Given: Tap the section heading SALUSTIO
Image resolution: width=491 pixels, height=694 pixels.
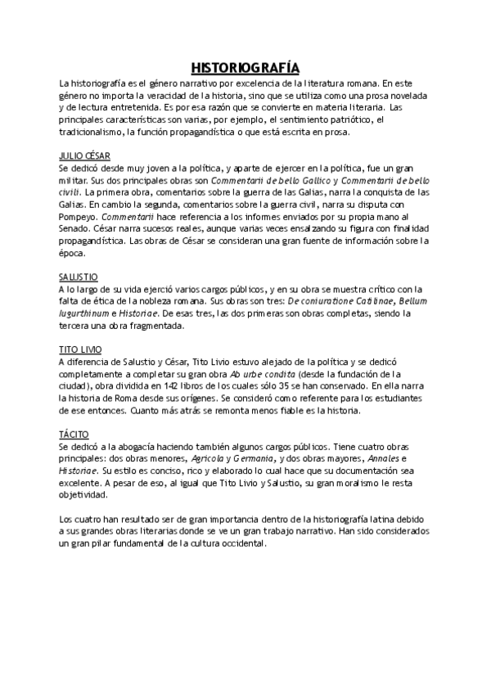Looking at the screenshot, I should pyautogui.click(x=79, y=277).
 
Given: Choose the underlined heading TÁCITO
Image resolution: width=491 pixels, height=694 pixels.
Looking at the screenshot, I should pyautogui.click(x=75, y=435).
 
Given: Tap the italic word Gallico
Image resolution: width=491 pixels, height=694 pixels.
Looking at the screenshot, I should pyautogui.click(x=310, y=180).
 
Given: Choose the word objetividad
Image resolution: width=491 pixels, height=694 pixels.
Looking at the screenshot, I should pyautogui.click(x=83, y=495).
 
